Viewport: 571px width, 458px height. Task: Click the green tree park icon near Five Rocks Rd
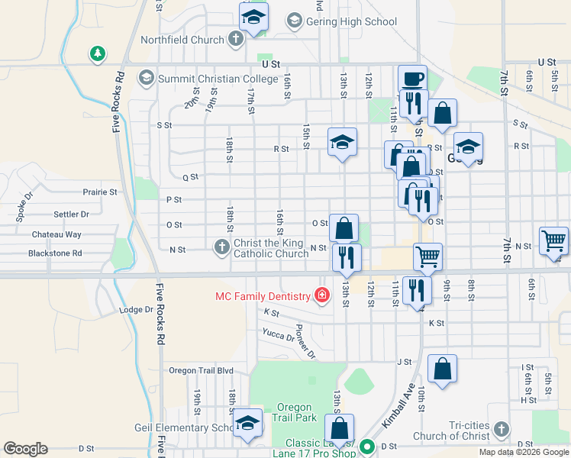coord(97,53)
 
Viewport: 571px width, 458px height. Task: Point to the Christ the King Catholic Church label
coord(271,248)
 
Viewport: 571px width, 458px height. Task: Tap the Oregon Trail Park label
coord(295,412)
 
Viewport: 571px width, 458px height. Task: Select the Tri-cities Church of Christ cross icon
coord(501,430)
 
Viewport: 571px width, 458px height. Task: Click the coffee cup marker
coord(412,79)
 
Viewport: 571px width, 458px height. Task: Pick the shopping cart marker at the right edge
coord(553,241)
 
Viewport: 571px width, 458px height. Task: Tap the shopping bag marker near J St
coord(442,369)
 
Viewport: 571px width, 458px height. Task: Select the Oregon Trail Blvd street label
coord(201,370)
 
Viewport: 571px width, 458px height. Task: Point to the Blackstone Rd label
coord(55,253)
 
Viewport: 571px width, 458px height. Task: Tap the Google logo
coord(25,449)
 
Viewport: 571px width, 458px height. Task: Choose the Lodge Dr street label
coord(137,310)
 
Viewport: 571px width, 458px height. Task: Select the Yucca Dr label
coord(278,335)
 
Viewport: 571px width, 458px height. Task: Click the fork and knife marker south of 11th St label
coord(416,289)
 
